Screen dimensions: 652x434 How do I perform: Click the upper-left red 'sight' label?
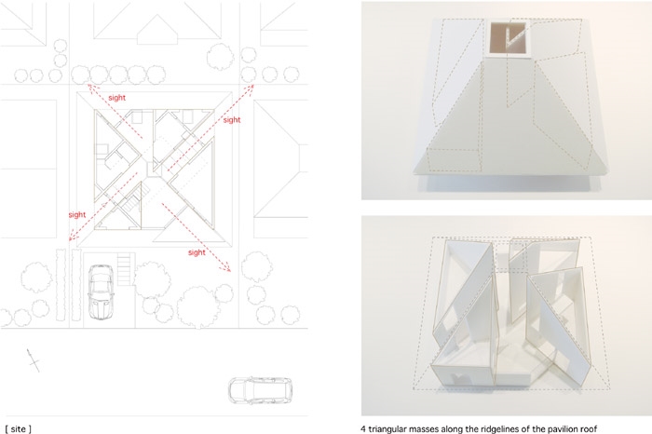click(116, 98)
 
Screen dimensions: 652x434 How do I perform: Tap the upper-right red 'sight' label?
click(232, 120)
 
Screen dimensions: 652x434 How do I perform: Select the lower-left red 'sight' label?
click(77, 214)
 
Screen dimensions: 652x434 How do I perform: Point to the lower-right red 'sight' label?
click(197, 252)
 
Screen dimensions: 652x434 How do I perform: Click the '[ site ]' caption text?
click(18, 429)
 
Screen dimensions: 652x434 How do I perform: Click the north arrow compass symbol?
click(34, 360)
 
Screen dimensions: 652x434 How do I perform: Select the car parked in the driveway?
click(101, 292)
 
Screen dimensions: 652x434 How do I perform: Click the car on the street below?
click(260, 390)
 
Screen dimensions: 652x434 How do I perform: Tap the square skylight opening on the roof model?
click(508, 39)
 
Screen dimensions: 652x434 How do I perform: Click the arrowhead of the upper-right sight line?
click(251, 87)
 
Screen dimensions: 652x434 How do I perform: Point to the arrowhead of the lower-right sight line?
click(228, 269)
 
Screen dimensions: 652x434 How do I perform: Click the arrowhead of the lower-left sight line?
click(71, 237)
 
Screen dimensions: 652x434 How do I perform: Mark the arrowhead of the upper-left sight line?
click(89, 87)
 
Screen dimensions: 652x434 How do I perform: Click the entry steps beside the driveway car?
click(124, 269)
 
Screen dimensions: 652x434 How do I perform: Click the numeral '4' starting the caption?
click(363, 429)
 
